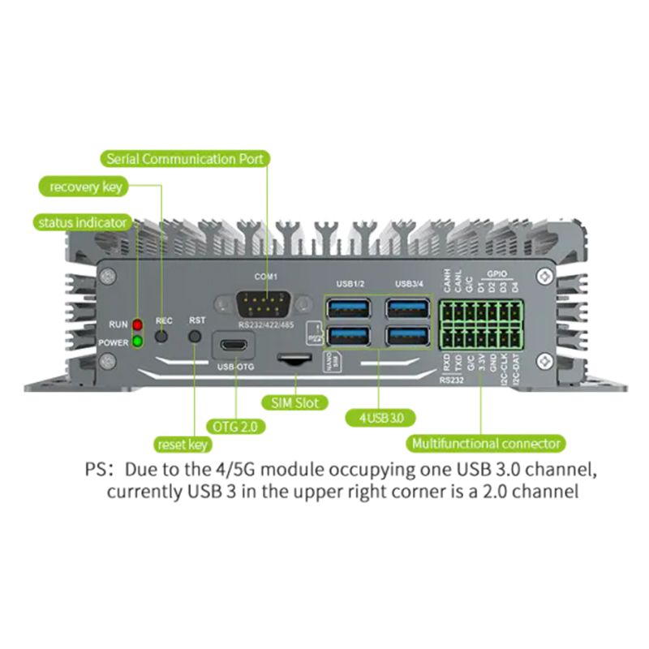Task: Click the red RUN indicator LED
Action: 138,325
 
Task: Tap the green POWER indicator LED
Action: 138,342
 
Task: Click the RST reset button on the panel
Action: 195,335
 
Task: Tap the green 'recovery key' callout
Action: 85,187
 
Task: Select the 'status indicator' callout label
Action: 81,221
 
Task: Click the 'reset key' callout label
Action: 183,444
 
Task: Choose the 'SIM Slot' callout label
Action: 294,402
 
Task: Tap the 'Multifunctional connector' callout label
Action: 487,444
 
